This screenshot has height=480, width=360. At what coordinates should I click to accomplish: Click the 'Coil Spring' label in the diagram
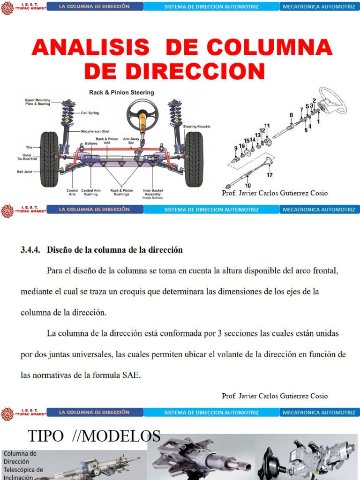(x=90, y=112)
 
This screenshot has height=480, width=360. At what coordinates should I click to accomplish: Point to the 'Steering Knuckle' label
(x=196, y=126)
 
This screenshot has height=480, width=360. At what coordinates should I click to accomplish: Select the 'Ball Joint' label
(x=26, y=172)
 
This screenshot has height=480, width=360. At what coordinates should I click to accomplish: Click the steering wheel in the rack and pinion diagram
(x=142, y=112)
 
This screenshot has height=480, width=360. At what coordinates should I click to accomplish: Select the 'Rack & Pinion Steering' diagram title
(x=121, y=92)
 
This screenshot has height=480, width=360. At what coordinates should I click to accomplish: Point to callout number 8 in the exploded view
(x=291, y=115)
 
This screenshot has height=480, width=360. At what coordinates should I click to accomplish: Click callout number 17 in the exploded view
(x=270, y=175)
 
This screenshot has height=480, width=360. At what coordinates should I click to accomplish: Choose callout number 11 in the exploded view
(x=267, y=125)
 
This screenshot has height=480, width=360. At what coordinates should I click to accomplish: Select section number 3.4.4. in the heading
(x=31, y=250)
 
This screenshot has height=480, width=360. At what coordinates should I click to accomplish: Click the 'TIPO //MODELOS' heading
(x=94, y=436)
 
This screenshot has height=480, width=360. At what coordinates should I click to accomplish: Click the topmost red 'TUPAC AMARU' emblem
(x=7, y=7)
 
